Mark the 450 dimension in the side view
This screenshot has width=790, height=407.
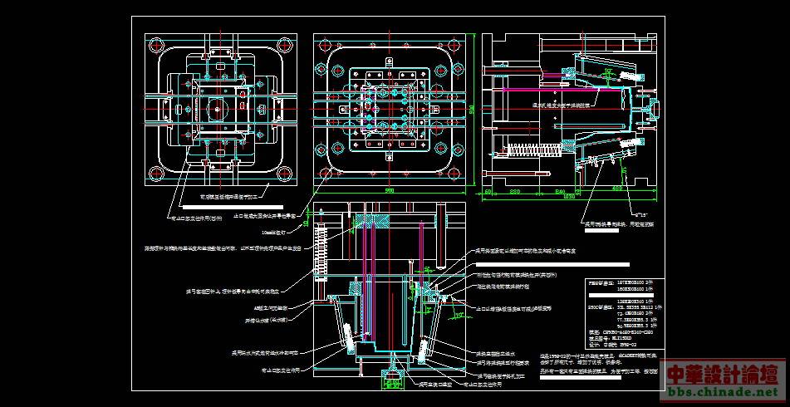[x=616, y=189]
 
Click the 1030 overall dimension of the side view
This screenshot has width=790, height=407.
[x=569, y=198]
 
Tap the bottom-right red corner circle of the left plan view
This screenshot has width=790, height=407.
[x=287, y=174]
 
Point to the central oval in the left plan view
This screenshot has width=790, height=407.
[x=218, y=109]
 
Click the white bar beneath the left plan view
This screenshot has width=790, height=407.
[x=241, y=204]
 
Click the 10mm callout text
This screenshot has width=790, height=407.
[x=273, y=233]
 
